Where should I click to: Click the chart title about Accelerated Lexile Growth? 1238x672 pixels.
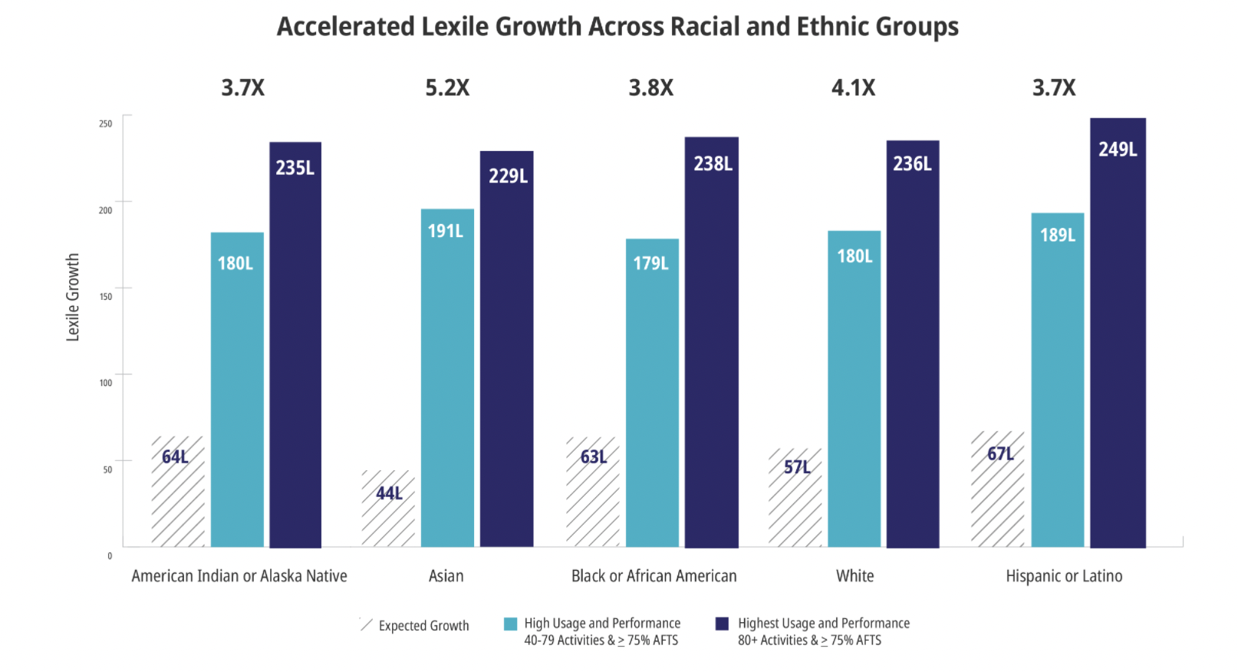tap(617, 27)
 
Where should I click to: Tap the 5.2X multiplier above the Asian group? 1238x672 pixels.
tap(447, 88)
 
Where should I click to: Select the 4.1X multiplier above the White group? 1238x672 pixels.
tap(853, 88)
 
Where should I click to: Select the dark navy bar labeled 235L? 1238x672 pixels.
tap(295, 344)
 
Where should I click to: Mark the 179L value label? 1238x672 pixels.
tap(650, 264)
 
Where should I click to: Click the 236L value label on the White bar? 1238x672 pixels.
tap(912, 164)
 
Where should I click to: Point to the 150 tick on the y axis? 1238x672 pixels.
tap(106, 297)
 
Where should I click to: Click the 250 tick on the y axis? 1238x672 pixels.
tap(106, 124)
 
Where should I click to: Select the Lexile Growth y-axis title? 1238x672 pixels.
tap(73, 298)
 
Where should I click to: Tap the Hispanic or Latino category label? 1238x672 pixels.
tap(1064, 576)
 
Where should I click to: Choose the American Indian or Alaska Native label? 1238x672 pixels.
tap(239, 576)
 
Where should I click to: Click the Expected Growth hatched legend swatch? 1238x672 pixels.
tap(366, 624)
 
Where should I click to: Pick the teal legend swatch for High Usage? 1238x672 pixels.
tap(510, 624)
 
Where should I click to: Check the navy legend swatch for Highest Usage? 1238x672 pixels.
tap(722, 624)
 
